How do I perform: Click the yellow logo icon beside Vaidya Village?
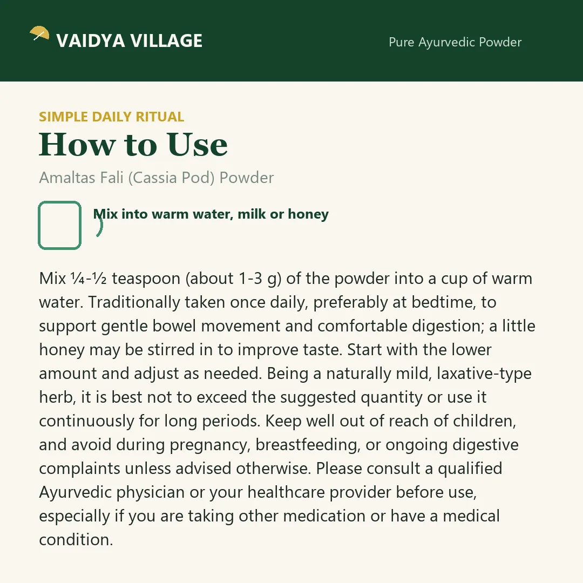point(39,33)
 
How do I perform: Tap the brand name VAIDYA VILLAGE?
point(130,40)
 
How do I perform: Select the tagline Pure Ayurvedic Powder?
point(455,42)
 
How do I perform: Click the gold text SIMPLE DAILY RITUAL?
point(112,117)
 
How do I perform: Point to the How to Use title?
point(133,144)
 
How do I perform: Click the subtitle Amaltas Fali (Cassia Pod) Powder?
point(157,178)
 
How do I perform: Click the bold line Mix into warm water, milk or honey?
point(211,214)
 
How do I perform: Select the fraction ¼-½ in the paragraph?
point(89,279)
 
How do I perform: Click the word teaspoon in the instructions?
point(146,279)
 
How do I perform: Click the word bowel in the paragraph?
point(174,326)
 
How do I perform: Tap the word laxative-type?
point(484,374)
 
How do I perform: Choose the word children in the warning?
point(484,421)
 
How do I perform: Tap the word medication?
point(324,516)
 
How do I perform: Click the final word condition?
point(76,540)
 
